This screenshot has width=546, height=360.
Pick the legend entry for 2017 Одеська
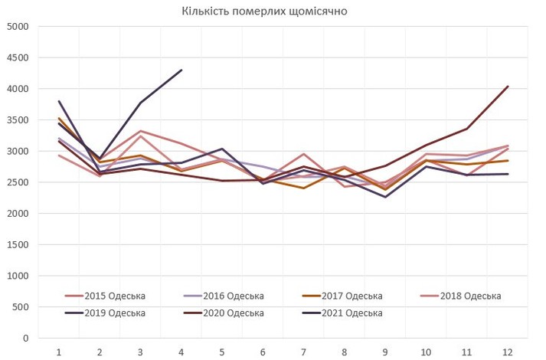353,296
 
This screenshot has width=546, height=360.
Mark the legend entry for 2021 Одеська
353,313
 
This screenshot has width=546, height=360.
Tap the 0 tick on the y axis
25,338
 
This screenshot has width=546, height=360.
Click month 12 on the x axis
507,351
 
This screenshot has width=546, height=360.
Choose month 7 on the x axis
303,351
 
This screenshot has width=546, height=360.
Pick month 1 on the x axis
58,351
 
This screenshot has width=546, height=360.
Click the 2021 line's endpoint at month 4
181,70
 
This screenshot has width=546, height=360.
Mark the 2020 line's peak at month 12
507,87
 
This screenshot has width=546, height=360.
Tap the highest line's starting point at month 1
58,101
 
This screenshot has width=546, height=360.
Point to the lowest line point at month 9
384,197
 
